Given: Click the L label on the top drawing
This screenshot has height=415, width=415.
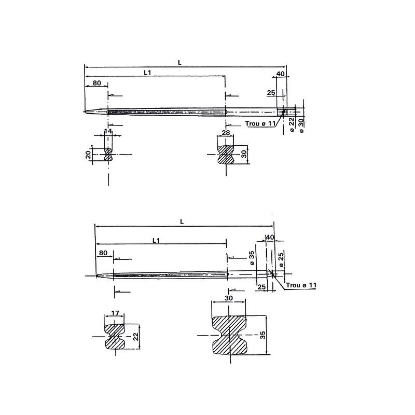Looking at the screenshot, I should pos(179,62).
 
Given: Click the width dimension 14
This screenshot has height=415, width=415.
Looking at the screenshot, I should pos(108,132).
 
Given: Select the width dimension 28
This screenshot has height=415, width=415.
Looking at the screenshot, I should pos(225,133).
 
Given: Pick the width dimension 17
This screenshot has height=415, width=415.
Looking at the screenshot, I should pos(115,313).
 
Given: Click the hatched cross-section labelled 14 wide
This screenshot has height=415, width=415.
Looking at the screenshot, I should pos(108,155).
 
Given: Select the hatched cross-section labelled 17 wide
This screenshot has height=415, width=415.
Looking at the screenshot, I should pos(116,337).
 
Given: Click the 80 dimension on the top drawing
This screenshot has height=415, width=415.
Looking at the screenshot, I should pos(96,83).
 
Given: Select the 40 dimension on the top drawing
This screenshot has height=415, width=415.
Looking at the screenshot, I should pos(280,74).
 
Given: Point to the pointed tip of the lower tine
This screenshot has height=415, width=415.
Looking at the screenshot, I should pos(96,275).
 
